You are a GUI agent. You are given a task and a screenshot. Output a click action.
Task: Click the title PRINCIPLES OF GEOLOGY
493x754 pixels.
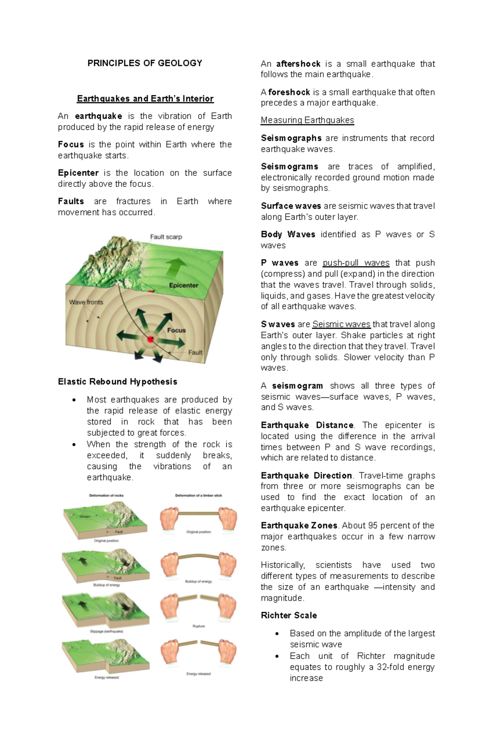click(145, 63)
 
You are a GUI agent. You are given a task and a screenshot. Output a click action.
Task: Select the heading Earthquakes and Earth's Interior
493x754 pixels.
click(145, 99)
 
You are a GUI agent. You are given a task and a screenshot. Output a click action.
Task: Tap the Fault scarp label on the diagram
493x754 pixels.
click(166, 237)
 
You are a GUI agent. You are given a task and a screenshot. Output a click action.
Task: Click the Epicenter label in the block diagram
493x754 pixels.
click(183, 285)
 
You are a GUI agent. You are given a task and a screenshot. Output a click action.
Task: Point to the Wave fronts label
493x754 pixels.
click(86, 302)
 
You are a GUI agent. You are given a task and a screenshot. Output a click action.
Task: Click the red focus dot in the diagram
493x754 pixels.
click(150, 339)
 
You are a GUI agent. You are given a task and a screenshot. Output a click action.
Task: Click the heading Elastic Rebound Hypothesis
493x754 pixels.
click(117, 382)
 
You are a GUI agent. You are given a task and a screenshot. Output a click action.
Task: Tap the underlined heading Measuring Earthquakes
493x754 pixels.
click(307, 120)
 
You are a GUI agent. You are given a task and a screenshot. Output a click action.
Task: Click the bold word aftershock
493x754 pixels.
click(298, 64)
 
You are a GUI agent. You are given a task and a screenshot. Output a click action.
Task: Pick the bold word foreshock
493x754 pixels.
click(289, 92)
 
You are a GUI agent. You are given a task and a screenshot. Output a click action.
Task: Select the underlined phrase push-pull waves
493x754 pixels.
click(356, 263)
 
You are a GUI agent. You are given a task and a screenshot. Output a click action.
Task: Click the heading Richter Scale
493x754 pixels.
click(289, 616)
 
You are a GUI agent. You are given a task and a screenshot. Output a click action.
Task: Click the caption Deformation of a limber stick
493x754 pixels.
click(198, 496)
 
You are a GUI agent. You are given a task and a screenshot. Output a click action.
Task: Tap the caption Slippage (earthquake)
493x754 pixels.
click(106, 632)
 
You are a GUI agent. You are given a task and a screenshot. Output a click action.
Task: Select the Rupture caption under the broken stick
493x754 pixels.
click(198, 626)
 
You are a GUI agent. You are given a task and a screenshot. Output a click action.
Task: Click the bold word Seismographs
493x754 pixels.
click(291, 138)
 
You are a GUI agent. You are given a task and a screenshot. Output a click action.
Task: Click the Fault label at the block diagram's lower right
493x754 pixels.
click(195, 352)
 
